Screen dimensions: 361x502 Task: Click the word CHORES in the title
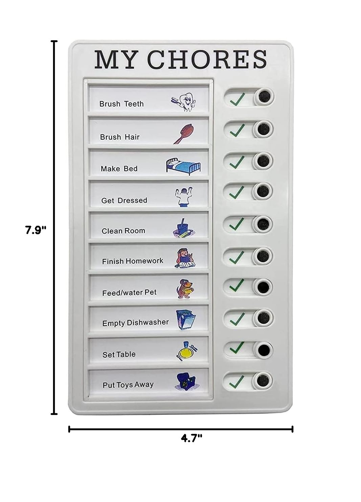[x=207, y=59]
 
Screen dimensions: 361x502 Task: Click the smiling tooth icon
[x=183, y=102]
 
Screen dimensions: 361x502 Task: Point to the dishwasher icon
[x=186, y=320]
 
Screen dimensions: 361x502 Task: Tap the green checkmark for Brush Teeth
[x=237, y=99]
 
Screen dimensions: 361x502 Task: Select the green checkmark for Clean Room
[x=237, y=224]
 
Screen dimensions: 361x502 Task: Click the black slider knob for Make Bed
[x=263, y=161]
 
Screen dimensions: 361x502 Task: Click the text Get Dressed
[x=124, y=200]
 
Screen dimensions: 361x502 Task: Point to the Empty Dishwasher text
[x=135, y=323]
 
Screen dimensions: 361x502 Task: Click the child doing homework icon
[x=185, y=258]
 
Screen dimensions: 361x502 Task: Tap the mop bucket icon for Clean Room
[x=184, y=228]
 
